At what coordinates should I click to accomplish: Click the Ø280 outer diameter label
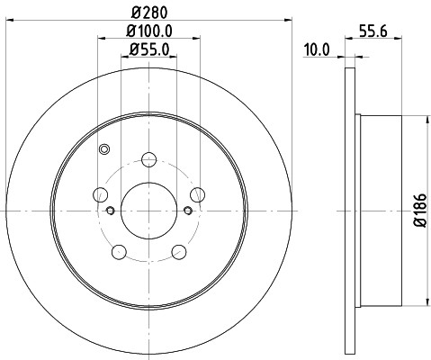click(149, 13)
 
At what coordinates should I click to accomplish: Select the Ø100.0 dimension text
click(149, 31)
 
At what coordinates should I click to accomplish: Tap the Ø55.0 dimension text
click(149, 49)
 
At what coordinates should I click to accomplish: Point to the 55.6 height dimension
click(373, 31)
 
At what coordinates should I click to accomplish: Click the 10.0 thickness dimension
click(317, 49)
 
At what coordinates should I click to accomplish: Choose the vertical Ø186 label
click(420, 211)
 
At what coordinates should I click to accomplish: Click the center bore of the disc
click(148, 211)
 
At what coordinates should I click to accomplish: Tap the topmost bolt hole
click(148, 159)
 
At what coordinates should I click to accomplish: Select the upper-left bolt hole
click(100, 194)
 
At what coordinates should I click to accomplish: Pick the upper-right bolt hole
click(198, 194)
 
